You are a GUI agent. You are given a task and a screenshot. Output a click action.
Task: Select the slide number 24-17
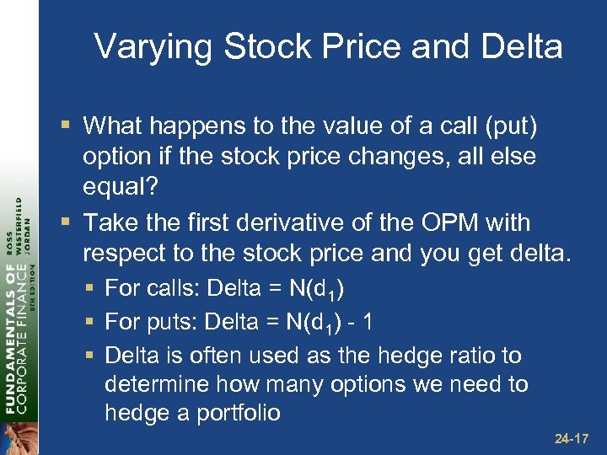click(x=572, y=438)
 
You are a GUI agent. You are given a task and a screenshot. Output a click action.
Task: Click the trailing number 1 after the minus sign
click(x=364, y=323)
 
